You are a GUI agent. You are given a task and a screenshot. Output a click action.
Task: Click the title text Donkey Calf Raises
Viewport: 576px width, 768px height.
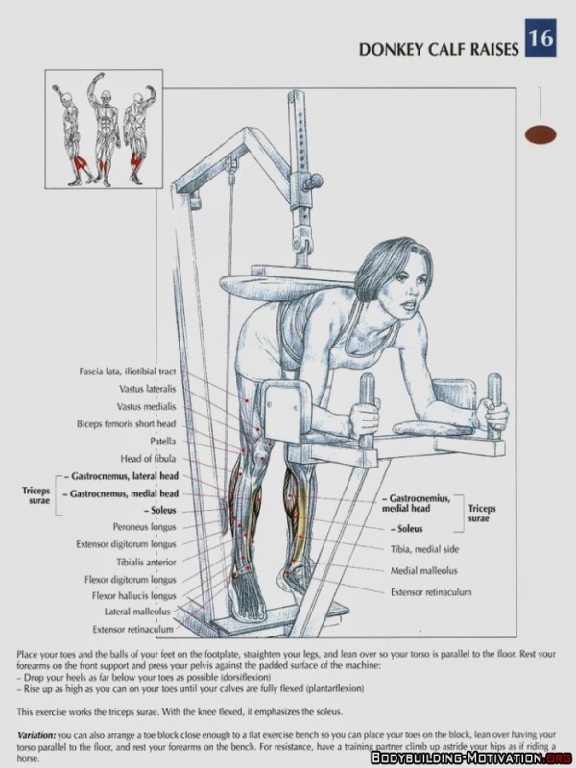(439, 49)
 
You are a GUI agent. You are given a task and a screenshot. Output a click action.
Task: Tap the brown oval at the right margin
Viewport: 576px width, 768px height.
(540, 135)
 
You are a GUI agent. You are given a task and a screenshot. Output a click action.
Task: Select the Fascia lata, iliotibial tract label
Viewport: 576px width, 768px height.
(127, 371)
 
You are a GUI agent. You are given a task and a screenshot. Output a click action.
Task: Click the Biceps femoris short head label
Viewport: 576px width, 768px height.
(127, 423)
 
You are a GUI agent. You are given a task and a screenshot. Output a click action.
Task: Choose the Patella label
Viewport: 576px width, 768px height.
(161, 441)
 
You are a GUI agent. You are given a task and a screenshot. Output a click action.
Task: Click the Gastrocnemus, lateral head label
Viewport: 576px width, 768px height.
(123, 475)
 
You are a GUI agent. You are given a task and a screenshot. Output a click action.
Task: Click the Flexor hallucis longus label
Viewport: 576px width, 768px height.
(132, 595)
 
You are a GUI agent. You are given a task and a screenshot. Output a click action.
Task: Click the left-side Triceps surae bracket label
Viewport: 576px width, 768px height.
(36, 493)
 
